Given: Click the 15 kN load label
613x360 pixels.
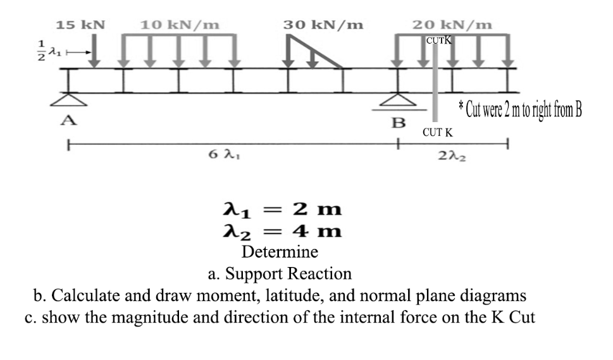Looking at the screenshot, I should pyautogui.click(x=80, y=25).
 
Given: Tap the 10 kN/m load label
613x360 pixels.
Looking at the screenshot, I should pyautogui.click(x=180, y=25).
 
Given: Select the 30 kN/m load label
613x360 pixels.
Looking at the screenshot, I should pyautogui.click(x=323, y=25).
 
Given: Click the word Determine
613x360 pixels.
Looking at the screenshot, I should pyautogui.click(x=280, y=252).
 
